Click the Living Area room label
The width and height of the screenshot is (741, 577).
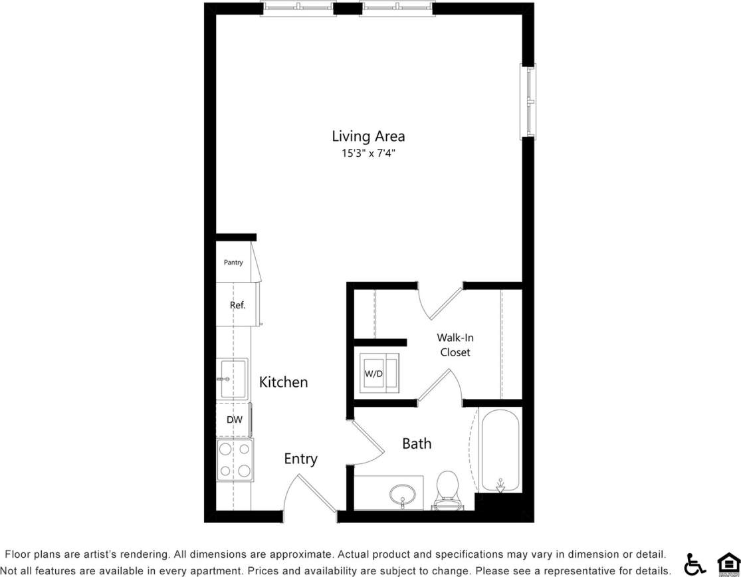(x=368, y=136)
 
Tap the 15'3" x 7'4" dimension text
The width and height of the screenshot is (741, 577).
(x=368, y=154)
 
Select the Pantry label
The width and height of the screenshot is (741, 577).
(x=233, y=263)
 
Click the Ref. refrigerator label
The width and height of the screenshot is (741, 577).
(x=237, y=305)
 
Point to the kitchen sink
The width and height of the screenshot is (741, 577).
(x=232, y=379)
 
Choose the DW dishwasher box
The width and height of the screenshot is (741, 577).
(x=234, y=419)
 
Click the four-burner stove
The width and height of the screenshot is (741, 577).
(x=235, y=460)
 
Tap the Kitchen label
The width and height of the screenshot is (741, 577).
(x=283, y=382)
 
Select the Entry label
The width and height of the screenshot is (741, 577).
(x=300, y=459)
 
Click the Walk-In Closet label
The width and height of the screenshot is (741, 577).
(x=455, y=344)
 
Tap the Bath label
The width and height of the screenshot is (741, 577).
(x=417, y=443)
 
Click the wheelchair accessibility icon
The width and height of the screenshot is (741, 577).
(x=695, y=564)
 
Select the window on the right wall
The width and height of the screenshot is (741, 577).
(x=528, y=102)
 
